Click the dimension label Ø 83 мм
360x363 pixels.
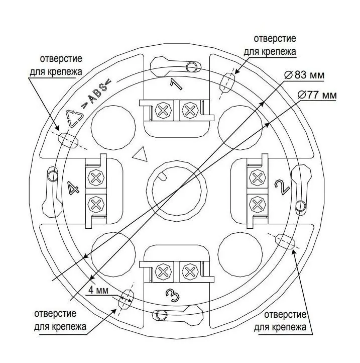(304, 75)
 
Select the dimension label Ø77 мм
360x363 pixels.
(317, 95)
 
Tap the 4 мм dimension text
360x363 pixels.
(98, 290)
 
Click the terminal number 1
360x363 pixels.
(176, 84)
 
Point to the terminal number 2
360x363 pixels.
(282, 187)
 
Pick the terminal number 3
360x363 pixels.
(173, 296)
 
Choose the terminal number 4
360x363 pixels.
(73, 188)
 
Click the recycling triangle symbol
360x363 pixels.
(74, 118)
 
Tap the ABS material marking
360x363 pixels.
(96, 92)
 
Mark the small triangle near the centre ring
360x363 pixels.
(141, 155)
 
